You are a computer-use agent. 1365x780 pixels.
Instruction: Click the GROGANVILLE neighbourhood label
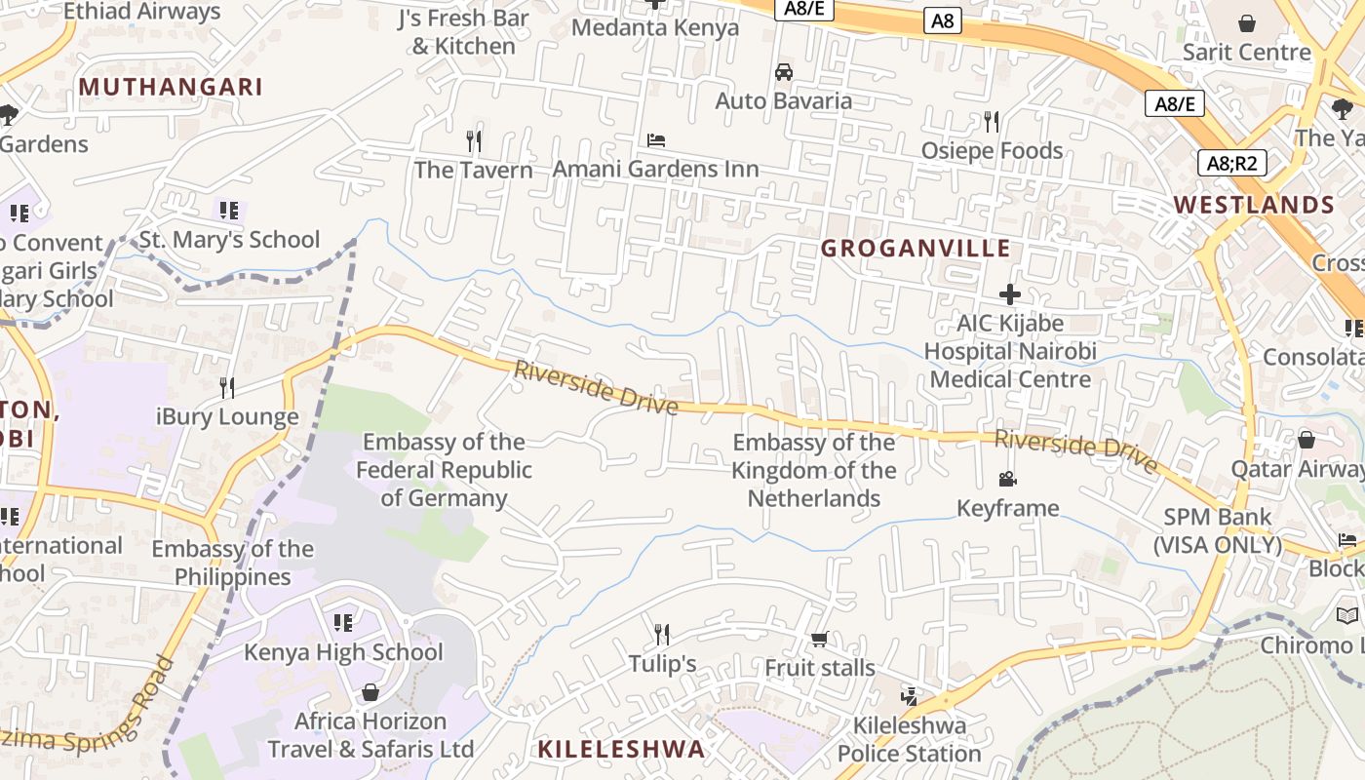tap(915, 249)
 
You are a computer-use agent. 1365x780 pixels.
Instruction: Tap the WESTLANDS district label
tap(1254, 205)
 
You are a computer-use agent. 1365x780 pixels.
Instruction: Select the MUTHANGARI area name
tap(171, 87)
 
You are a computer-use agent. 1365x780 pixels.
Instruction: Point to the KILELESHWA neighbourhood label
tap(621, 749)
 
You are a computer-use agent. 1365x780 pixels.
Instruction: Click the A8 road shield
tap(942, 20)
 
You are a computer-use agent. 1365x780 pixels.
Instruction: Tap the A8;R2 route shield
tap(1231, 163)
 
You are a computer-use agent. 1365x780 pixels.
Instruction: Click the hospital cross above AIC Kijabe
tap(1010, 293)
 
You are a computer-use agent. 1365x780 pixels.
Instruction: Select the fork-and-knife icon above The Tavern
tap(474, 141)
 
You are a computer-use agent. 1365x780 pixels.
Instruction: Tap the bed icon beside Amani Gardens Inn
tap(656, 140)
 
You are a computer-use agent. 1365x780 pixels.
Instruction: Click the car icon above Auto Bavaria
tap(783, 72)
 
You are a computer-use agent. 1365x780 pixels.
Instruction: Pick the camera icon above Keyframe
tap(1007, 479)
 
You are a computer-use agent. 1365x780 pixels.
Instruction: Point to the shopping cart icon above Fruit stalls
tap(819, 640)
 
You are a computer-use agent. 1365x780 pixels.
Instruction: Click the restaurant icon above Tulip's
tap(662, 635)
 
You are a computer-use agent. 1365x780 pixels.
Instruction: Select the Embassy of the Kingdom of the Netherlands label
tap(814, 471)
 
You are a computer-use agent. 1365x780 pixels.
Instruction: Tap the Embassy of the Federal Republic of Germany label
tap(444, 470)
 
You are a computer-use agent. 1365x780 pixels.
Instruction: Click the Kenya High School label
tap(343, 652)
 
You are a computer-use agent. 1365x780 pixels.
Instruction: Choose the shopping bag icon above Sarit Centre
tap(1246, 23)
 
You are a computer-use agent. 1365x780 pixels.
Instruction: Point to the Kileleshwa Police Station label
tap(910, 739)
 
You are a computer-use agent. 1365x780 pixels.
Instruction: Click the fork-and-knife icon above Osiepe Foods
tap(992, 122)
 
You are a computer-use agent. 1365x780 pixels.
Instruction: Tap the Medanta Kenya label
tap(655, 27)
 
